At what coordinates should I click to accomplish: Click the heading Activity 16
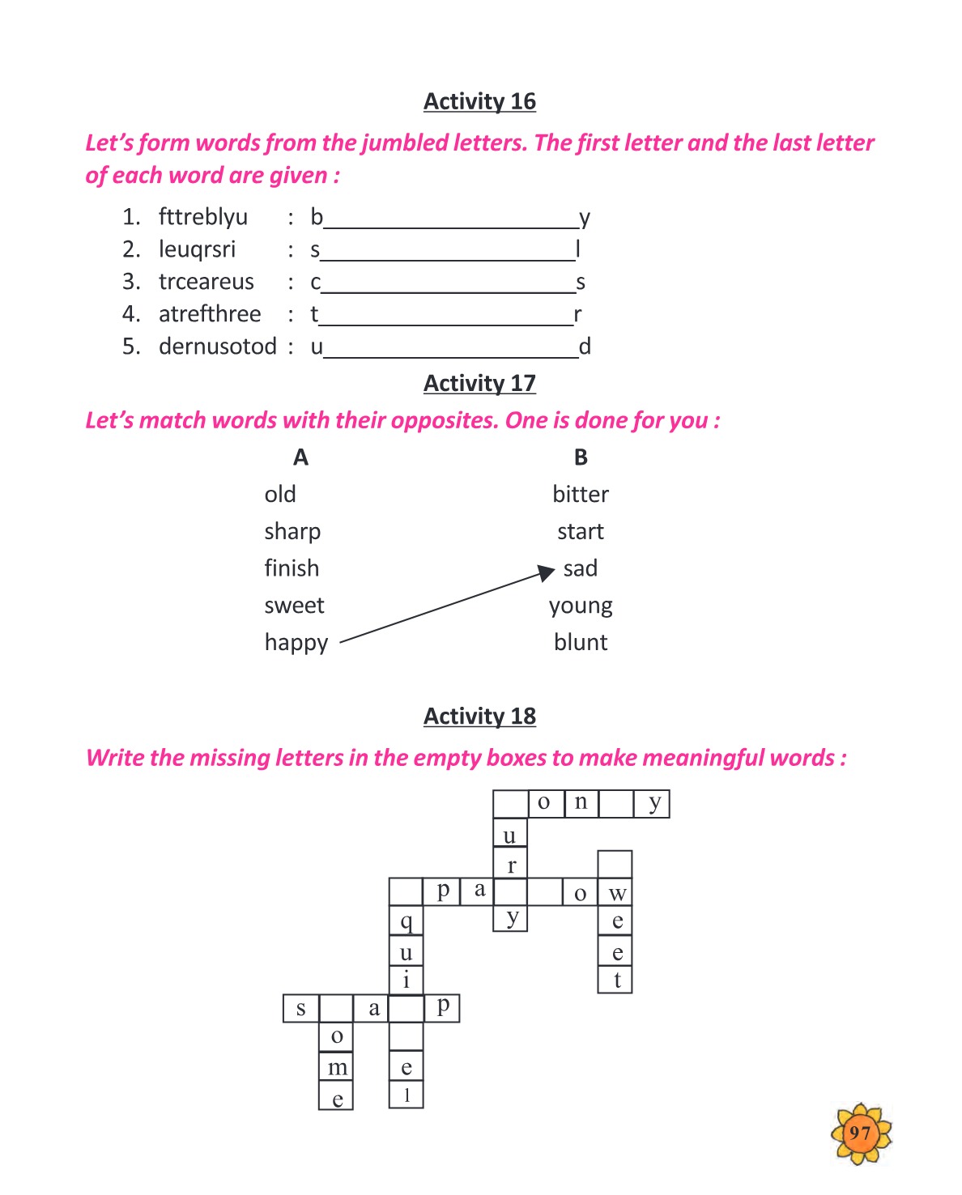[479, 101]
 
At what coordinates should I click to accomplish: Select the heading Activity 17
[479, 383]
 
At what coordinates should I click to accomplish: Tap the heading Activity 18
[479, 716]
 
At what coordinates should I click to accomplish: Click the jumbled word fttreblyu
[202, 217]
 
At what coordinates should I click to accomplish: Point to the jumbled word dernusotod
[218, 346]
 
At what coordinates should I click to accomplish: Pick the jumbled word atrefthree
[210, 314]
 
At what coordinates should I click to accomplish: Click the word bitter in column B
[581, 494]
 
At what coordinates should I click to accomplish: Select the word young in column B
[581, 606]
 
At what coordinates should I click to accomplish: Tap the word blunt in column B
[581, 642]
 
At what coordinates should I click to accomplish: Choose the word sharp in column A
[292, 532]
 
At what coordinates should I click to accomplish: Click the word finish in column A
[292, 568]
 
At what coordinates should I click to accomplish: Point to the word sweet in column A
[294, 606]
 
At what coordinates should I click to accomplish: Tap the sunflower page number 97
[860, 1133]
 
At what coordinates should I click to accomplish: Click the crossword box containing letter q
[406, 921]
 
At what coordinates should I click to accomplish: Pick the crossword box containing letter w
[615, 892]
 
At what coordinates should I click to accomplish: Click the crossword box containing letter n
[581, 803]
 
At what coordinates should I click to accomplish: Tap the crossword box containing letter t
[615, 980]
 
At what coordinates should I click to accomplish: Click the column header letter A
[300, 457]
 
